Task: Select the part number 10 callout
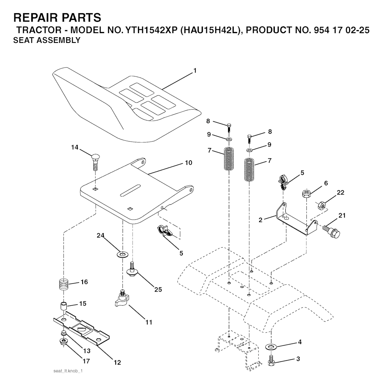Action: click(188, 163)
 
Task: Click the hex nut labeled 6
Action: click(306, 194)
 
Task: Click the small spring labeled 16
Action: click(64, 283)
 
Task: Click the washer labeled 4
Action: click(270, 346)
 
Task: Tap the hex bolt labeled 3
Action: click(271, 360)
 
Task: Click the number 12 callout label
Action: click(117, 363)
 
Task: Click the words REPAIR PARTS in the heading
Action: click(57, 18)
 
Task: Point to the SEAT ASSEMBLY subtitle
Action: click(47, 41)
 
